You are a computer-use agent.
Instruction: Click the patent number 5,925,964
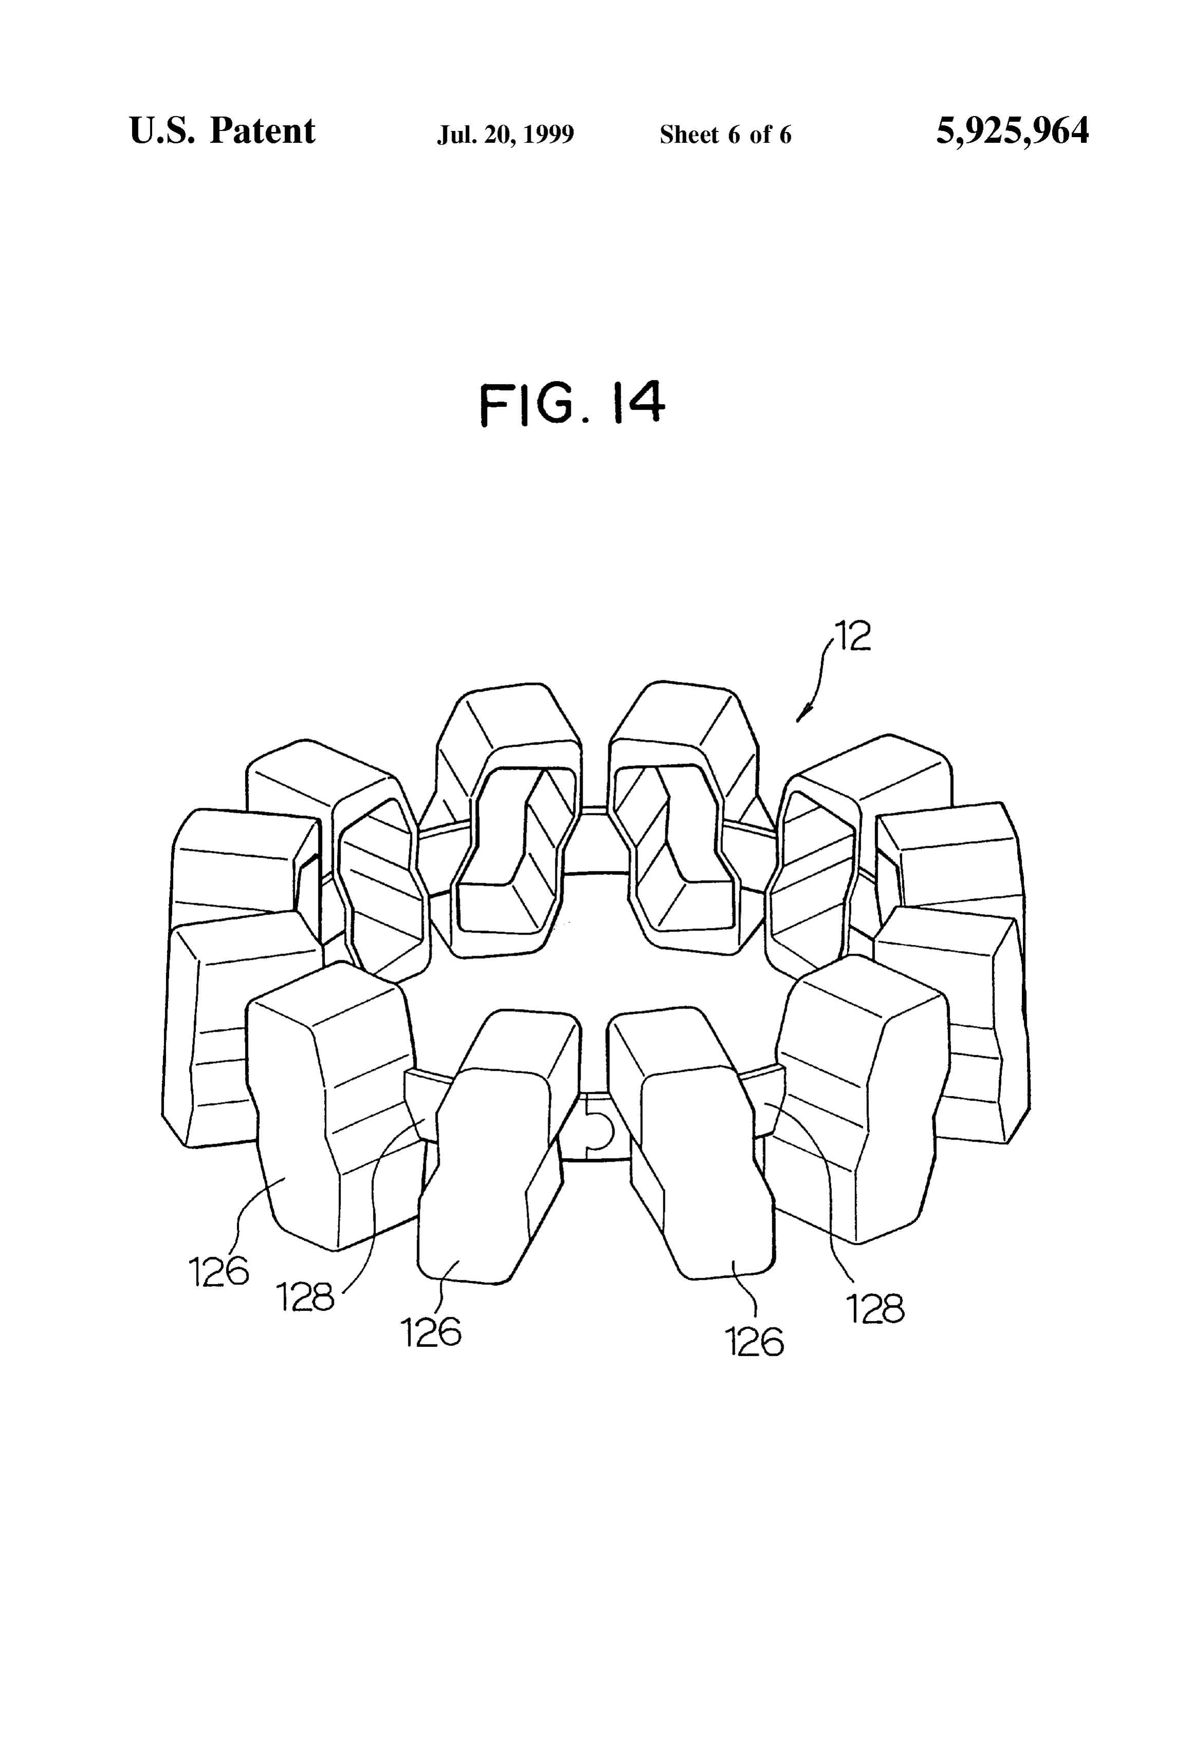click(x=1012, y=131)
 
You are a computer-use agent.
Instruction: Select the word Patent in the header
click(x=262, y=131)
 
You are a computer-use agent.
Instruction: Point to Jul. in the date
click(x=454, y=135)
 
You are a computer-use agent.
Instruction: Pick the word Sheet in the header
click(x=688, y=135)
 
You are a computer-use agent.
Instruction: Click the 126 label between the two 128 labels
click(x=431, y=1333)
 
